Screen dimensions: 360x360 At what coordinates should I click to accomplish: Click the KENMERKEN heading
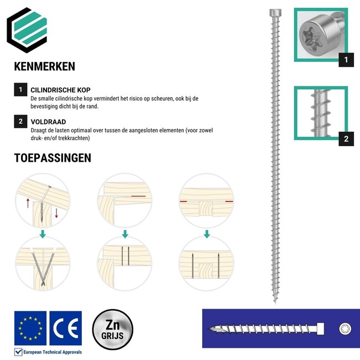click(44, 66)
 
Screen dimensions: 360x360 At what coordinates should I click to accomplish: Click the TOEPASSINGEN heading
click(53, 158)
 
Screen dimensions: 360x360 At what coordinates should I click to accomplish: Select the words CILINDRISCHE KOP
click(61, 90)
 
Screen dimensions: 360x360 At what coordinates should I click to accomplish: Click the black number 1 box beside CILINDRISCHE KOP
click(20, 90)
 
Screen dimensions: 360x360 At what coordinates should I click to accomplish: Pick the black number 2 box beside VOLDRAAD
click(20, 122)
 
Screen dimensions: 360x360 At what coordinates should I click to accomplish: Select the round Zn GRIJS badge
click(112, 330)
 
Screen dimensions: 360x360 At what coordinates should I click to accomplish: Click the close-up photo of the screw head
click(321, 35)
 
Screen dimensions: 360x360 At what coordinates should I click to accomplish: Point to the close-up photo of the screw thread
click(321, 113)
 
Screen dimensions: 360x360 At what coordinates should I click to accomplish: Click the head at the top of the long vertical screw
click(274, 13)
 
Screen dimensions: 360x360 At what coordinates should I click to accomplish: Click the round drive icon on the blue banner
click(344, 329)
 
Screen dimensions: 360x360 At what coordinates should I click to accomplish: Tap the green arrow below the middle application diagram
click(125, 234)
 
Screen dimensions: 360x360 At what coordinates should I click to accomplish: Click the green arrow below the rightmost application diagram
click(207, 234)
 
